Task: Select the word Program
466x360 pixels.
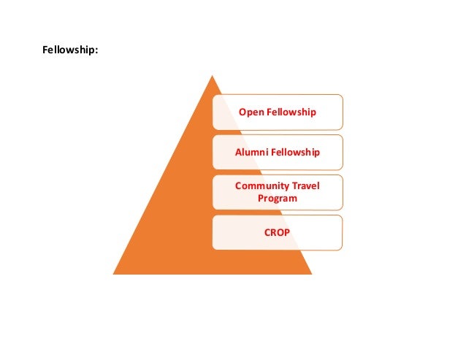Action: [278, 198]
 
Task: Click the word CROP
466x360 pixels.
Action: [278, 232]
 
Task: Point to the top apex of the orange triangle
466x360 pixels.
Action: [212, 75]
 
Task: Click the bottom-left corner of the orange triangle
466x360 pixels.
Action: [114, 273]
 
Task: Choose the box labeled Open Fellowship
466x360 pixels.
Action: [278, 112]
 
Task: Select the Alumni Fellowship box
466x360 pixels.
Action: [278, 152]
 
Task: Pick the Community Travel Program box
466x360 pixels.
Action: [278, 191]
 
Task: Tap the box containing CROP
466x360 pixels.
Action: [278, 232]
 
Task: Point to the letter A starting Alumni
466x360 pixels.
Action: [237, 152]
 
